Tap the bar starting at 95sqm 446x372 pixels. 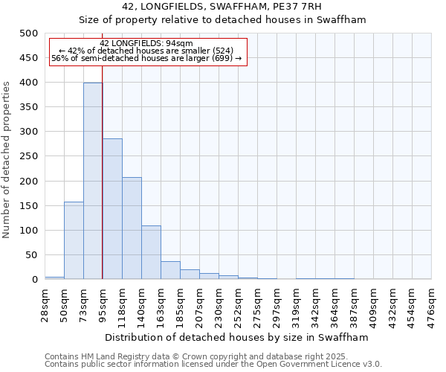pyautogui.click(x=112, y=209)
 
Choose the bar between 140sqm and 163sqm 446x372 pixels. pyautogui.click(x=151, y=252)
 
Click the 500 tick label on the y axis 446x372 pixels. pyautogui.click(x=29, y=33)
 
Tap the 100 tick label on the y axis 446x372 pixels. pyautogui.click(x=29, y=231)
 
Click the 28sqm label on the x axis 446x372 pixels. pyautogui.click(x=45, y=304)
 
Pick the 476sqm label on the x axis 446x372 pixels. pyautogui.click(x=432, y=304)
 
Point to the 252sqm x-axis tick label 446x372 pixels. pyautogui.click(x=239, y=304)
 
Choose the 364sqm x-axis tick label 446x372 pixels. pyautogui.click(x=335, y=304)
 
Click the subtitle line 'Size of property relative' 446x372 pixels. pyautogui.click(x=223, y=20)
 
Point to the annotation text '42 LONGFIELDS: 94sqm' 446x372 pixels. pyautogui.click(x=146, y=43)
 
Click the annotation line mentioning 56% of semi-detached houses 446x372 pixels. pyautogui.click(x=146, y=58)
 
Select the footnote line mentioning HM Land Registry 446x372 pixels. pyautogui.click(x=201, y=356)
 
